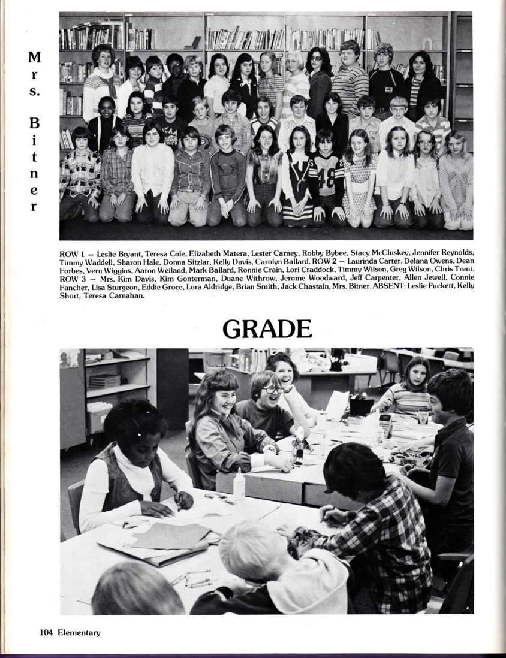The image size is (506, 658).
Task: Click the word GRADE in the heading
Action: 267,329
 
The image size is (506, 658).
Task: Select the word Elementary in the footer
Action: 79,633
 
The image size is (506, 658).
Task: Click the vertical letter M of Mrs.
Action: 34,59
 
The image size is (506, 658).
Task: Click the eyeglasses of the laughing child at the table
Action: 273,390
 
